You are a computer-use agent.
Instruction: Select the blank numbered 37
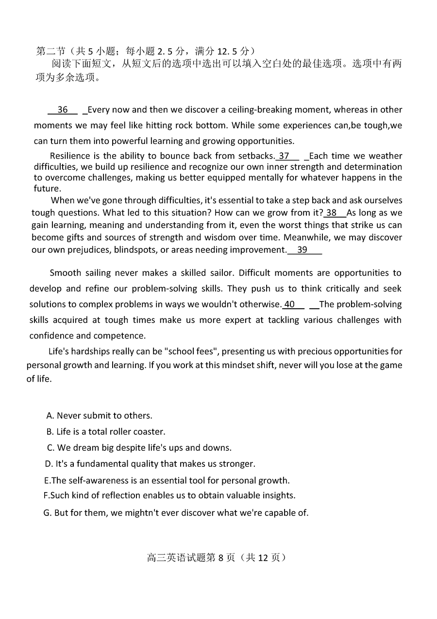tap(284, 156)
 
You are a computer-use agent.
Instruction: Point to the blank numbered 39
tap(303, 250)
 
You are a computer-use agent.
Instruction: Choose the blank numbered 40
tap(290, 304)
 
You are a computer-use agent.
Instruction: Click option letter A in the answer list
tap(50, 416)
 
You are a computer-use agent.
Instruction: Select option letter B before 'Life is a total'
tap(50, 432)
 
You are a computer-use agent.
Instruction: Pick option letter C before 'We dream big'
tap(50, 448)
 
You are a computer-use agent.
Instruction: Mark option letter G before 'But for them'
tap(47, 513)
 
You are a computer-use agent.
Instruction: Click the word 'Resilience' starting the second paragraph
tap(70, 156)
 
